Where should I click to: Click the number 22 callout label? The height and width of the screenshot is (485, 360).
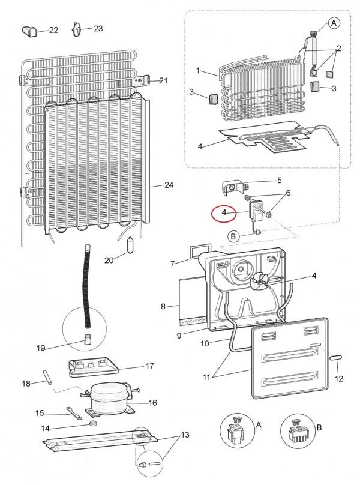53,30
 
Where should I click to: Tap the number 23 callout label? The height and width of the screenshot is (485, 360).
98,28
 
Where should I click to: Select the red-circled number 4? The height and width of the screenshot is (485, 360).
224,212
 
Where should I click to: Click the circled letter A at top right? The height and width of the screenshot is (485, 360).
334,23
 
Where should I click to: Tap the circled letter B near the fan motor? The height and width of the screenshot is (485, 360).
233,237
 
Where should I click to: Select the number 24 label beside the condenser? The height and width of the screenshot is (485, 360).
169,185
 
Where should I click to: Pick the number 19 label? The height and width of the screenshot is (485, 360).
41,348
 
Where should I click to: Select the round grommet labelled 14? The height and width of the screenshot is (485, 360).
94,423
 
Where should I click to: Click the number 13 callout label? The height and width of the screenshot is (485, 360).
185,435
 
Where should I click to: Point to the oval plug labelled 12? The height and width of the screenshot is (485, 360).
335,358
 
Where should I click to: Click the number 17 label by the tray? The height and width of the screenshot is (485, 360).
149,366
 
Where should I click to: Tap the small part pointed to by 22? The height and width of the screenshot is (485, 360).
29,31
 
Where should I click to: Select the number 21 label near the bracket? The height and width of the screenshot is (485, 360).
163,80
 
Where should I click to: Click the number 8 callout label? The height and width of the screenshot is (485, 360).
163,307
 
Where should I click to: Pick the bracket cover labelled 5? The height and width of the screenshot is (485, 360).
236,188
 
